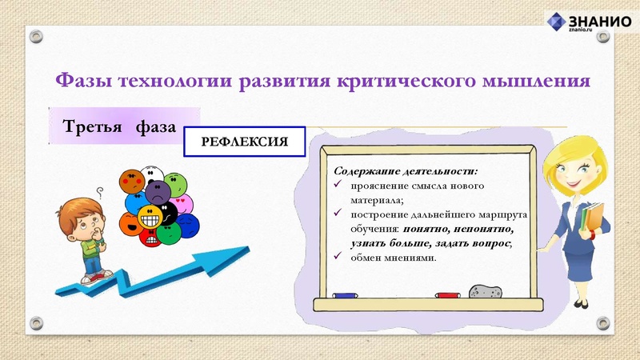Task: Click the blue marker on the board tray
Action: pos(346,295)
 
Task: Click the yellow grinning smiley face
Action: pos(150,216)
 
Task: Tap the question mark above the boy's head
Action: pos(100,191)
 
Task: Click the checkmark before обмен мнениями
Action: pos(340,256)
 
